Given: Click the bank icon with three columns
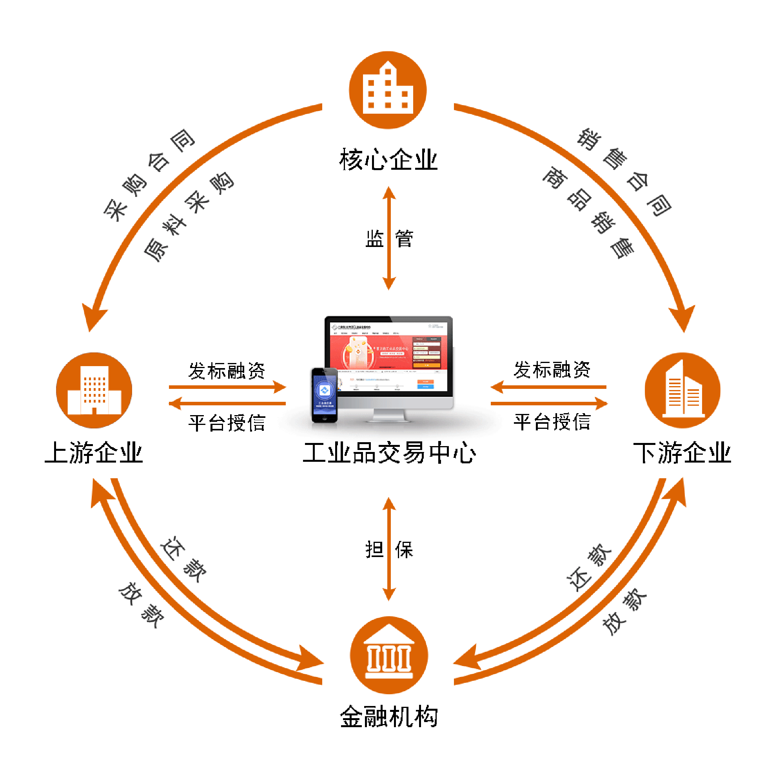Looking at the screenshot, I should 389,655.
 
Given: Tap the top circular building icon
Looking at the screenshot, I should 388,90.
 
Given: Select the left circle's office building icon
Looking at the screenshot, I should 94,390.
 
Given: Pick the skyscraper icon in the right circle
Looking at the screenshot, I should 682,390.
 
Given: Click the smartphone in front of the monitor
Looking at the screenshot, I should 324,394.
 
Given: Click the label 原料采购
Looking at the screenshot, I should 189,217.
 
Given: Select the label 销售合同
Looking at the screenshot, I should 625,172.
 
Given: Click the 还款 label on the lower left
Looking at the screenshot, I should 183,560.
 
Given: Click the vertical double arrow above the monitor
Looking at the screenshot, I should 389,238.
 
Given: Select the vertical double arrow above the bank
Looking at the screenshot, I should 389,549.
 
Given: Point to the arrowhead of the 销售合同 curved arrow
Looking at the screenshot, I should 682,319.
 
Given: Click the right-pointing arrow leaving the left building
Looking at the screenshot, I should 227,387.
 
